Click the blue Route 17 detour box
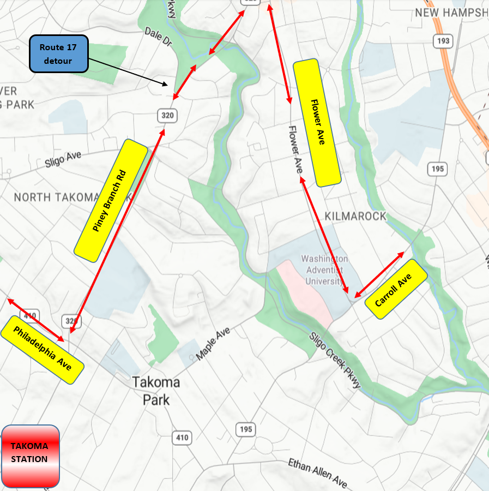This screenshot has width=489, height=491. [58, 54]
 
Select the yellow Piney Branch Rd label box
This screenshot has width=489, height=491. [111, 199]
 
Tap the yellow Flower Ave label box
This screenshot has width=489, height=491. [317, 122]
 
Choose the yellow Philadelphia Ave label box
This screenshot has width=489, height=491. [43, 349]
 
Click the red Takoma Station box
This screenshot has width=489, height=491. [30, 456]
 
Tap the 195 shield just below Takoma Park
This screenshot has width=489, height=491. [246, 429]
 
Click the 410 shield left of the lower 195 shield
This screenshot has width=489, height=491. [182, 437]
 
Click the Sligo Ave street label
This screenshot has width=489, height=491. [63, 160]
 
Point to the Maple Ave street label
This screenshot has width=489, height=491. [213, 344]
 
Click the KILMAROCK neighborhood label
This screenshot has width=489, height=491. [355, 216]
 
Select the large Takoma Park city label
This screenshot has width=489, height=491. [156, 391]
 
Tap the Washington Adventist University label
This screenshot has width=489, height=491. [324, 270]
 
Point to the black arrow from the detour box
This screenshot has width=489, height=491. [128, 72]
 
